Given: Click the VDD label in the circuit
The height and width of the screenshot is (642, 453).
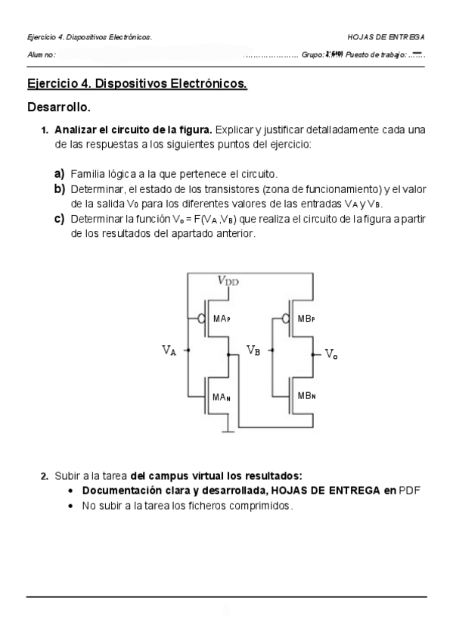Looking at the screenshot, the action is pos(228,280).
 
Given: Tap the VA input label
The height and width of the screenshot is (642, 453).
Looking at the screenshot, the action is pos(169,350).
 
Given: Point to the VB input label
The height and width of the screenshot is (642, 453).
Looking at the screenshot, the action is pos(254,350).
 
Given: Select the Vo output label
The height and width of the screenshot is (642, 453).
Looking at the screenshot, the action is pos(331,354).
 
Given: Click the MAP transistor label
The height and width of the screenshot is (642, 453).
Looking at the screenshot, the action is pos(222,319).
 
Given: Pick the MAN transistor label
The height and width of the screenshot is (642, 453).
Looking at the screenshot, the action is pos(222,397).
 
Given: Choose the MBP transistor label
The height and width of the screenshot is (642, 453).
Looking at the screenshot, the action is pos(306,319).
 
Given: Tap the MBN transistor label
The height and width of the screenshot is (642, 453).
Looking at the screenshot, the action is pos(306,396).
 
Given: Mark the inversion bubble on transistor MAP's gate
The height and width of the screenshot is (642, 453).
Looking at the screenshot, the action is pos(201,319).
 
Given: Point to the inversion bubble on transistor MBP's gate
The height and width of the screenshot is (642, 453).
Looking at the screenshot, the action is pos(286,319).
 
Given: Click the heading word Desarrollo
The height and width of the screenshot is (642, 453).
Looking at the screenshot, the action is pos(59,107).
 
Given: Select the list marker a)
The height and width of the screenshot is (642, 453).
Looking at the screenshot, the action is pos(58,173).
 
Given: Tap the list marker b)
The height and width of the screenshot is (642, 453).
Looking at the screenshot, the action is pos(59,189).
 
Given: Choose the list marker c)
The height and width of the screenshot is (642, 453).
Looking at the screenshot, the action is pos(58,219).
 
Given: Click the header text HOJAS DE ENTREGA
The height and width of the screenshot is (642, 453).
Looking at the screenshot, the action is pos(386,36).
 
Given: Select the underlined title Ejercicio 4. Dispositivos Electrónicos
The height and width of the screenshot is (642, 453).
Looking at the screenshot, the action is pos(137,83).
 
